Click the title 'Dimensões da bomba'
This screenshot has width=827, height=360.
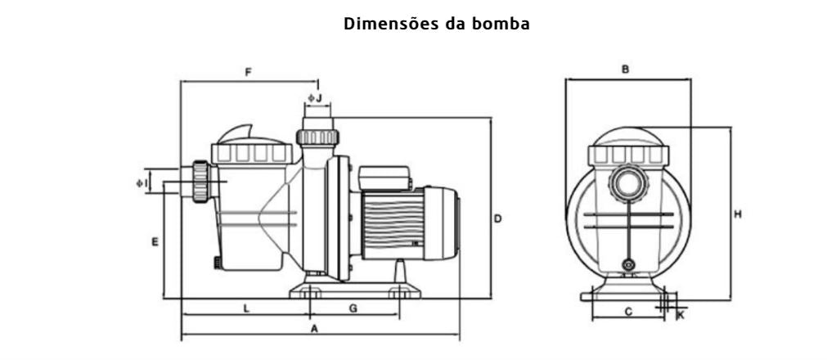click(437, 25)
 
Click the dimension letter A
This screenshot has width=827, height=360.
click(313, 328)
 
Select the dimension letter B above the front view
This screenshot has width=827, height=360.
click(625, 70)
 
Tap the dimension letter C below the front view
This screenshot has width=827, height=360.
click(627, 311)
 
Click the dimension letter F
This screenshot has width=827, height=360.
click(248, 73)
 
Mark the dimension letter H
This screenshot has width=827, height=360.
click(737, 214)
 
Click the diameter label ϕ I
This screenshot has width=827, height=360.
click(142, 182)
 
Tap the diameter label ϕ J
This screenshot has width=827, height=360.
click(315, 98)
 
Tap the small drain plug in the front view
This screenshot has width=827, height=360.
click(628, 265)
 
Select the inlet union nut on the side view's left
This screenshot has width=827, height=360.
click(200, 180)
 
